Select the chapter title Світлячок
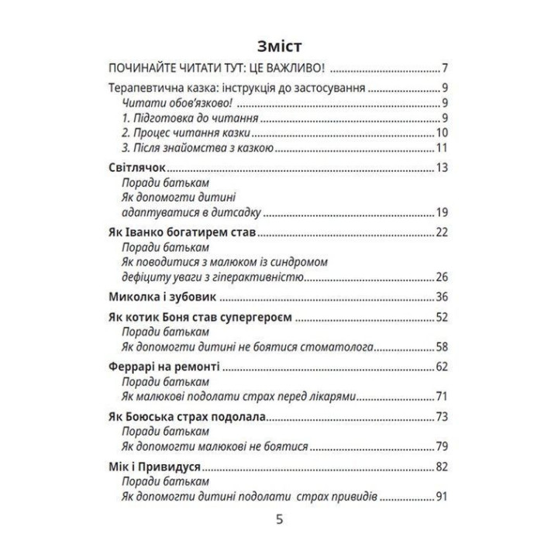pos(135,168)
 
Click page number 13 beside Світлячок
pos(443,168)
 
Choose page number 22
pos(443,232)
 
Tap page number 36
pos(443,297)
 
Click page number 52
pos(443,318)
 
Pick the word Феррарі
pos(129,364)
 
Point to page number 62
pos(443,364)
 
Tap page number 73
pos(443,417)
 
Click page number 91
pos(443,497)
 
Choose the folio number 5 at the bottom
pos(280,520)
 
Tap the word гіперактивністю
pos(251,277)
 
